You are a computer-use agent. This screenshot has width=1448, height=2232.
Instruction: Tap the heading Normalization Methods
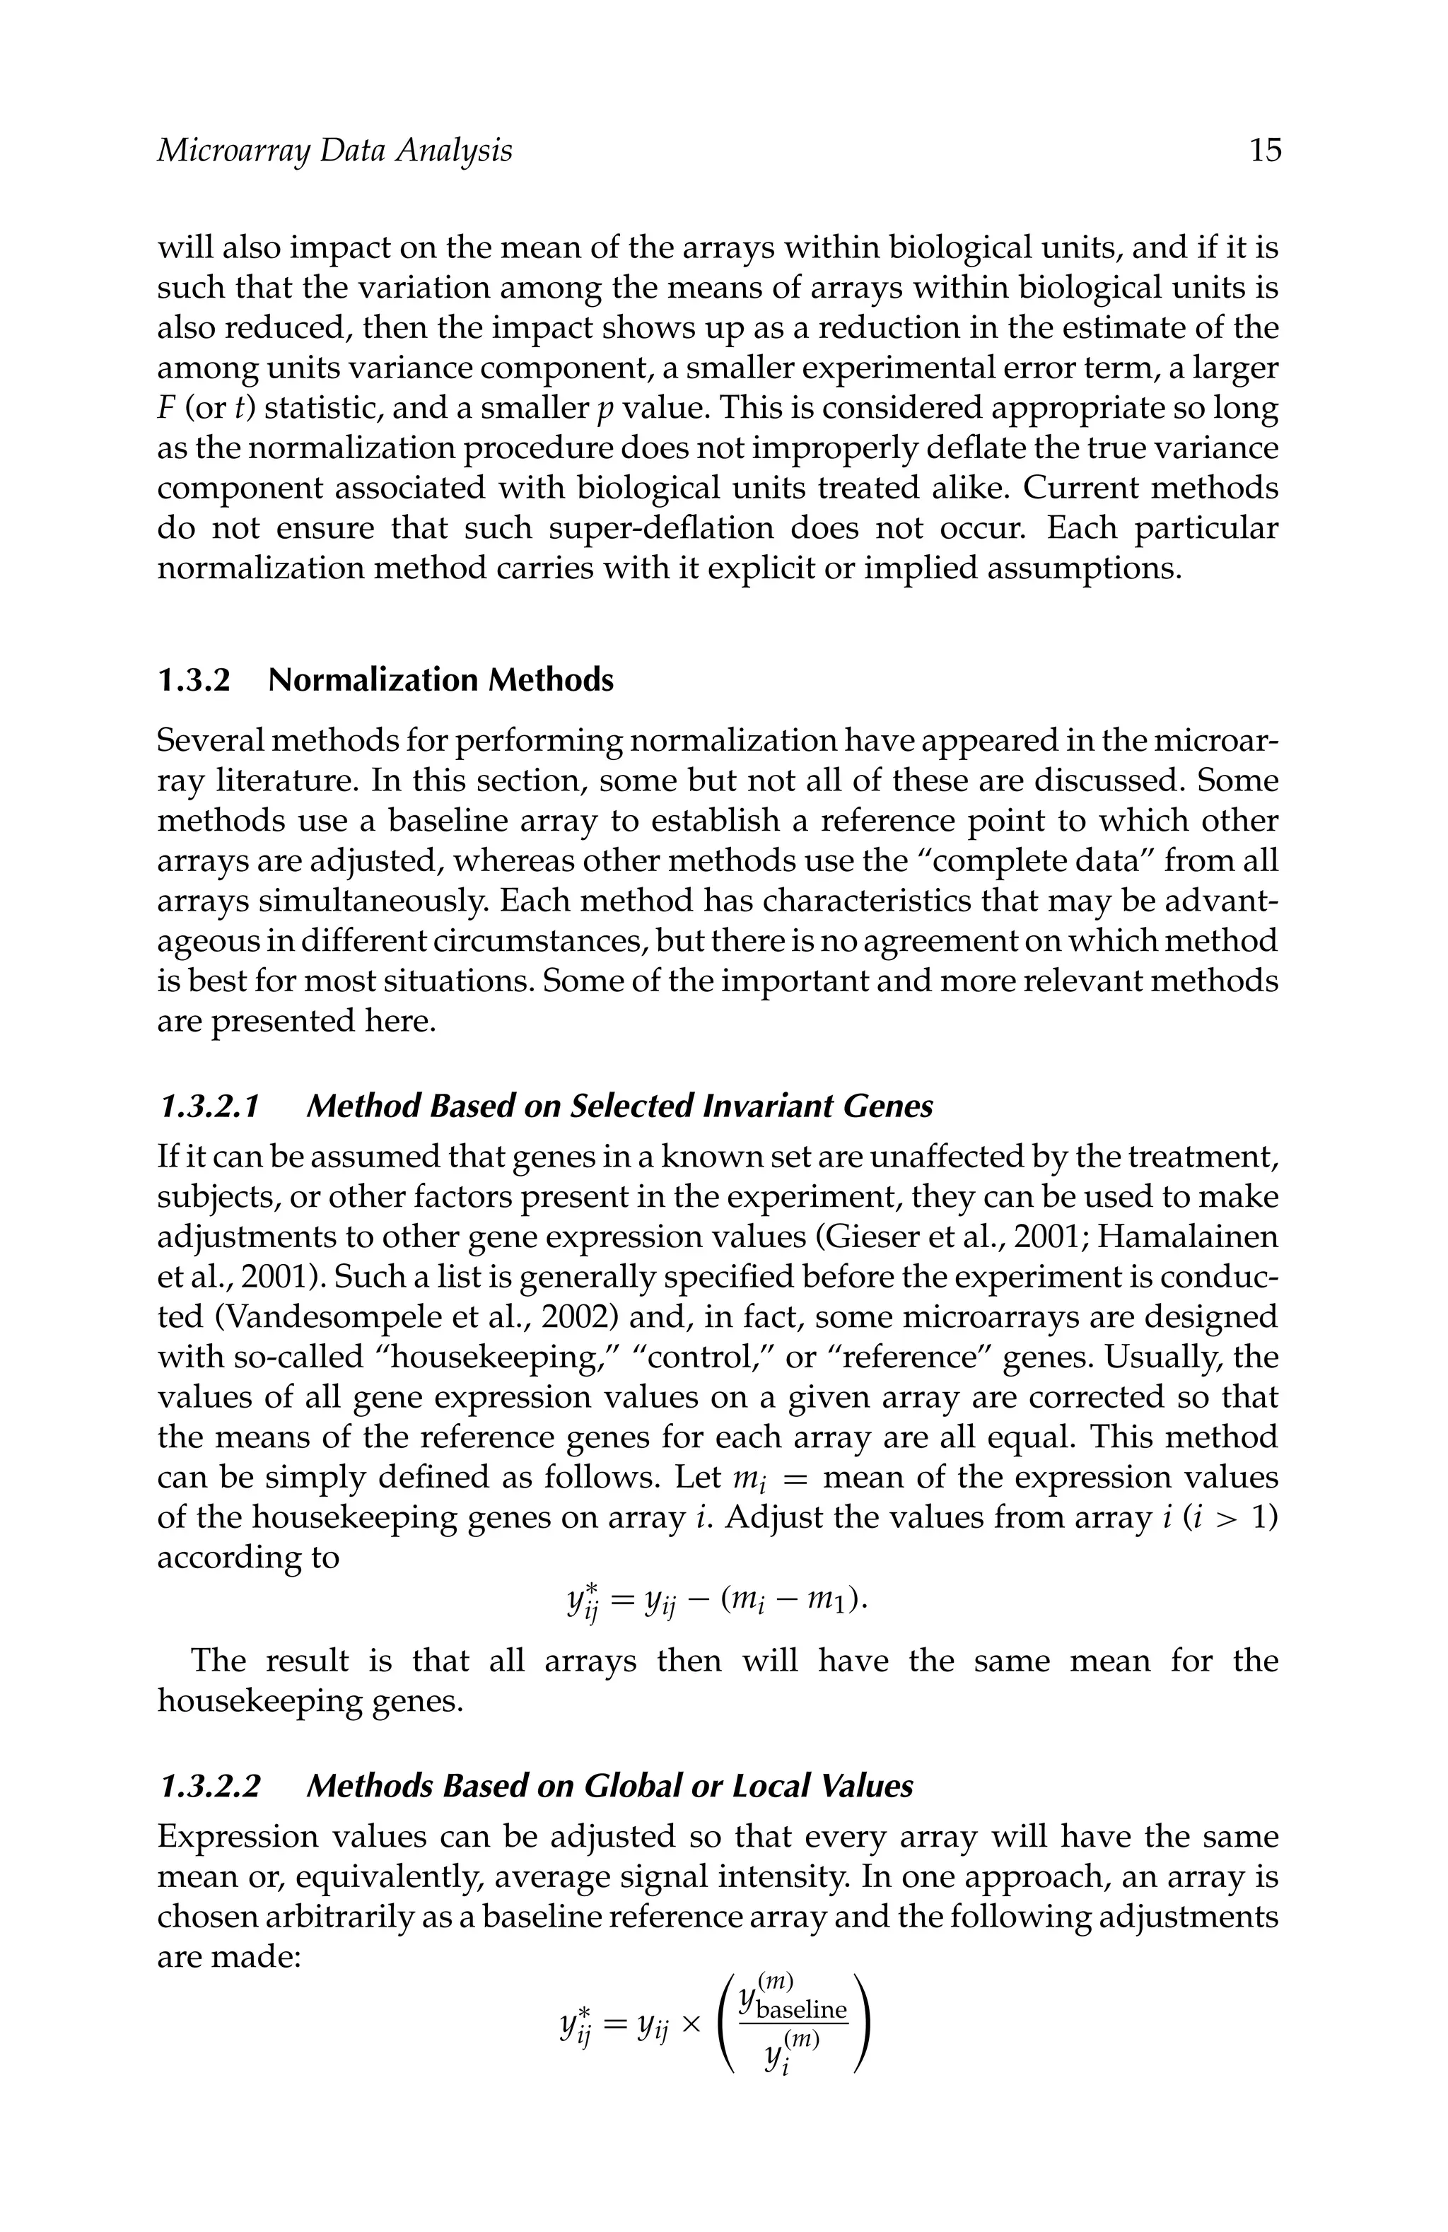coord(440,680)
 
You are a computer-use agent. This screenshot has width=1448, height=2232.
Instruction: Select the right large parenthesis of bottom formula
coord(864,2025)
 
